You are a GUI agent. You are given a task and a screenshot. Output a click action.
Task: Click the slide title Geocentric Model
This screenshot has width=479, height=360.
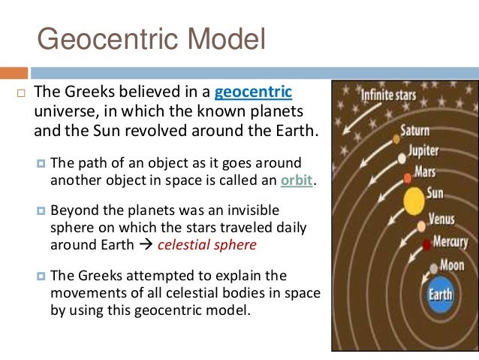pyautogui.click(x=151, y=38)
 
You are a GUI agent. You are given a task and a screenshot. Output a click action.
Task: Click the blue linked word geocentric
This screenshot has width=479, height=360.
pyautogui.click(x=253, y=93)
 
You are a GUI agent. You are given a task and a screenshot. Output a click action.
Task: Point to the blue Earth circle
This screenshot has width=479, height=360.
pyautogui.click(x=441, y=294)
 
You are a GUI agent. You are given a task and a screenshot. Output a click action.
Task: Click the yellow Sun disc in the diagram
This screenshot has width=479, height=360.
pyautogui.click(x=413, y=201)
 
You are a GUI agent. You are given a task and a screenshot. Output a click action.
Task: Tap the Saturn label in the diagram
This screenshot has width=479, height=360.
pyautogui.click(x=414, y=130)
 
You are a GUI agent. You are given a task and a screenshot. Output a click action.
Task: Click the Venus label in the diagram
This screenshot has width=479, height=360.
pyautogui.click(x=441, y=220)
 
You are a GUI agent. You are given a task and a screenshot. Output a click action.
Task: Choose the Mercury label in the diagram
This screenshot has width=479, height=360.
pyautogui.click(x=450, y=242)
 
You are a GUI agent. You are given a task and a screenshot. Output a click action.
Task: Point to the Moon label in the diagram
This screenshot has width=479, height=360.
pyautogui.click(x=453, y=265)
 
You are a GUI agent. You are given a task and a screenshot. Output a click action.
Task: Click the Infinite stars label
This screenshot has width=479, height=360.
pyautogui.click(x=390, y=96)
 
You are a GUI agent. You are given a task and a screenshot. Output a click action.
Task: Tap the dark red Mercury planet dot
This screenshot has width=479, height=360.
pyautogui.click(x=426, y=244)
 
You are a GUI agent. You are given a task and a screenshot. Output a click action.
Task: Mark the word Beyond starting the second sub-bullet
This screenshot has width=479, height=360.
pyautogui.click(x=74, y=211)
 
